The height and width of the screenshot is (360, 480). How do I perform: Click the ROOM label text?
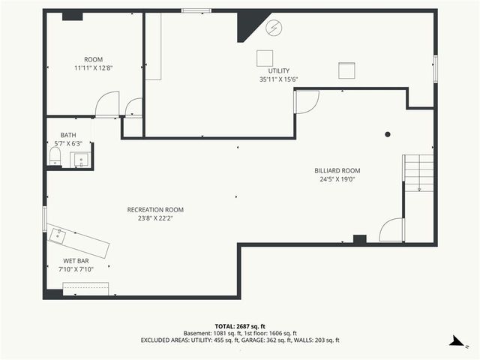tap(94, 59)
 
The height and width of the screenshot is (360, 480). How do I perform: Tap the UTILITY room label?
tap(278, 70)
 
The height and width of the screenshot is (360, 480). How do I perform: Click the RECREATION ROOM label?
tap(155, 210)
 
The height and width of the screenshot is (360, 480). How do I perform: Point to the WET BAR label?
tap(76, 261)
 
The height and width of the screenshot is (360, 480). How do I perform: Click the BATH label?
tap(68, 136)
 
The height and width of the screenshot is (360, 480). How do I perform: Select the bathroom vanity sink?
tap(80, 159)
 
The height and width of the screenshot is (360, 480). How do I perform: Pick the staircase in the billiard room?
tap(418, 172)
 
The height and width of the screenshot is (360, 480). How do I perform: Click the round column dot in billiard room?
tap(388, 135)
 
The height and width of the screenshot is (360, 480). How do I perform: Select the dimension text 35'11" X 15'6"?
tap(278, 79)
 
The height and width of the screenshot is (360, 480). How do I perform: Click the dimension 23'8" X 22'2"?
tap(155, 218)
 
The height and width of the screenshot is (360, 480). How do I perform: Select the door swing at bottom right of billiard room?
tap(391, 230)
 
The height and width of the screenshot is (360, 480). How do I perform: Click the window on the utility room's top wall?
tap(196, 10)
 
